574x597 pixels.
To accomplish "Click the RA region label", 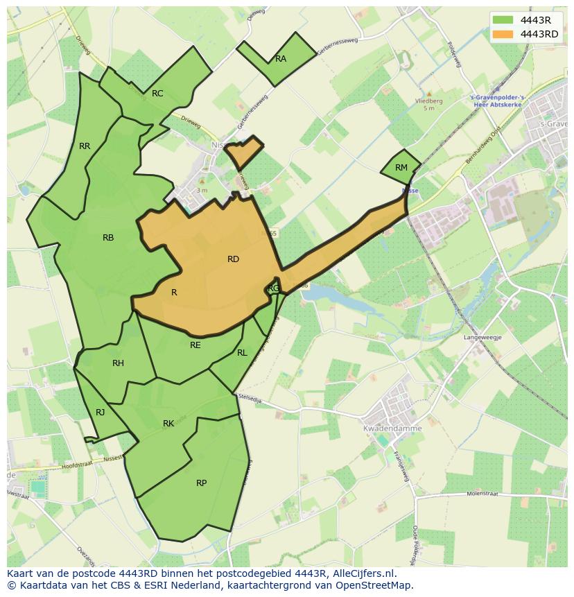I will coord(281,59).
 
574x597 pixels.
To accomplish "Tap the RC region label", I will coord(157,94).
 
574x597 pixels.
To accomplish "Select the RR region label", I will coord(85,146).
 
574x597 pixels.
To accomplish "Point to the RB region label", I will coord(108,238).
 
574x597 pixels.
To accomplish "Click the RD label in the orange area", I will coord(233,259).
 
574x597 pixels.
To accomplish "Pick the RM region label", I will coord(401,168).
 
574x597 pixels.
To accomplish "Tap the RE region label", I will coord(195,345).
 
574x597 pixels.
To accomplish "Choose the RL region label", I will coord(242,353).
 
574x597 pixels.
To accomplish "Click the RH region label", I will coord(118,363).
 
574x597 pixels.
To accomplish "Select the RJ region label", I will coord(101,413).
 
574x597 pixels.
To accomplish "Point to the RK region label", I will coord(168,424).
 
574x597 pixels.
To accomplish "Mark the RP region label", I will coord(201,483).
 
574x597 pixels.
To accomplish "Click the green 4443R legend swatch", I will coord(504,20).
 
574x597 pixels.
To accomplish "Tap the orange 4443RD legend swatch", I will coord(504,34).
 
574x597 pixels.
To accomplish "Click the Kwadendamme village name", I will coord(383,429).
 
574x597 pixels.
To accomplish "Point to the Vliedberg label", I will coord(428,101).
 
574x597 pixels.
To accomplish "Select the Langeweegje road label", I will coord(483,338).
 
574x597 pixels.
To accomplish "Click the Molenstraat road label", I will coord(483,494).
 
